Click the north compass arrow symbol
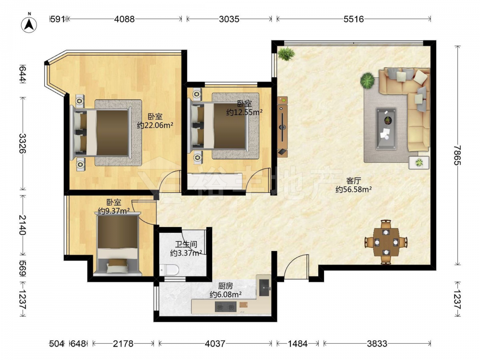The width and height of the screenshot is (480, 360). point(29,24)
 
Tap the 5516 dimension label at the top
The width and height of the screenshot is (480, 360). point(354,19)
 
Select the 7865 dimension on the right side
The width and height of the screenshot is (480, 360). point(457,155)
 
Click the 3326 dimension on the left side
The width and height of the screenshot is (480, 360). point(23,143)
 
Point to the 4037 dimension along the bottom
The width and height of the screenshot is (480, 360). point(215,344)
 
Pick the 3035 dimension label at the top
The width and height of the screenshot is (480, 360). point(229,19)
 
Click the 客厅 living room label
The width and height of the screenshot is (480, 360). point(353,180)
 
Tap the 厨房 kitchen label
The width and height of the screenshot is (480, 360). point(226,286)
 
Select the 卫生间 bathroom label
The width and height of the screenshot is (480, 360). point(186,245)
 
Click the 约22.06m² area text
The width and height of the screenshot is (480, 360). point(155,125)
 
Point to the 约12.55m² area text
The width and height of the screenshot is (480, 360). point(244,112)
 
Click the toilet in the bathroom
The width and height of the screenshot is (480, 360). point(169,270)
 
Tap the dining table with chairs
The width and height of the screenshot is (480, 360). point(386,242)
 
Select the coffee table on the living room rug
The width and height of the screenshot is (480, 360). point(386,129)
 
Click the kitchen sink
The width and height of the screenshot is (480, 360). point(264,288)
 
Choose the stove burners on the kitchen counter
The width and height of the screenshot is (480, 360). point(226,307)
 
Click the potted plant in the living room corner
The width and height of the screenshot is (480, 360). point(286,54)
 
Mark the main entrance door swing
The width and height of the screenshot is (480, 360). point(295,267)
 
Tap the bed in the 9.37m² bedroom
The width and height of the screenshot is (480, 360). point(118,244)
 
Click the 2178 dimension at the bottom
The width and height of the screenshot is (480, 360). point(123,344)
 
